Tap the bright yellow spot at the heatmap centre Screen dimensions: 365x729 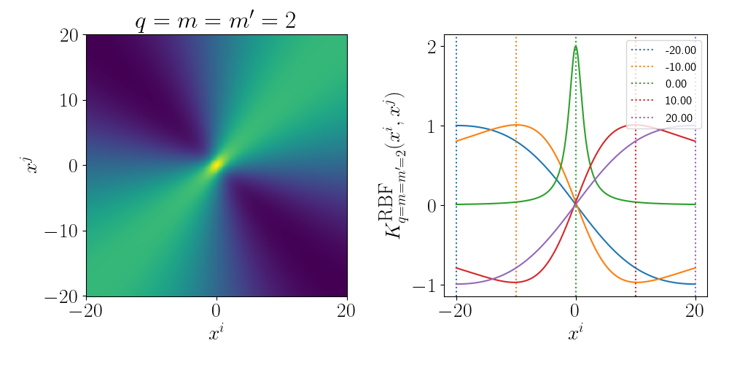(x=216, y=166)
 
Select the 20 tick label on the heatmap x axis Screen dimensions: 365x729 (x=346, y=310)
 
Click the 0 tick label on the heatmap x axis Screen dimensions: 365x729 (x=216, y=310)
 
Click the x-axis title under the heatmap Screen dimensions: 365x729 (x=216, y=334)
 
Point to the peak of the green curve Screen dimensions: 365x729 (x=576, y=47)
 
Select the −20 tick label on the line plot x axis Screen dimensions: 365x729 (x=456, y=310)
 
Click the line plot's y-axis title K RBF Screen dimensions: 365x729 (x=397, y=166)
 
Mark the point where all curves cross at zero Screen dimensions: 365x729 (x=576, y=204)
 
